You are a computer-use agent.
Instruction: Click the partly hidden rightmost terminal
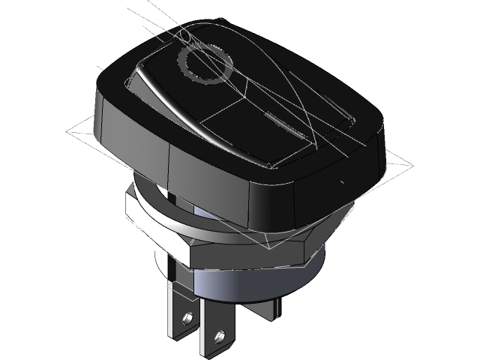(266, 307)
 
